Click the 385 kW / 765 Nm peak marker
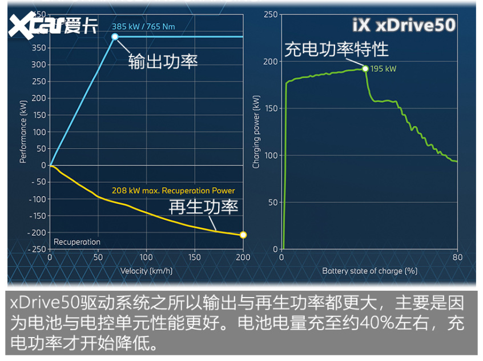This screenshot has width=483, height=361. pyautogui.click(x=115, y=37)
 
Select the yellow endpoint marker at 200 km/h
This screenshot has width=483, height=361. pyautogui.click(x=243, y=235)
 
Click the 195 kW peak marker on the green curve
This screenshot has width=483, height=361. pyautogui.click(x=365, y=69)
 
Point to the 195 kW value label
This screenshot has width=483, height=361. pyautogui.click(x=383, y=69)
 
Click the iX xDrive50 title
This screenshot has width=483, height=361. pyautogui.click(x=403, y=26)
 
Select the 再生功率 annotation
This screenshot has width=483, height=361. pyautogui.click(x=203, y=206)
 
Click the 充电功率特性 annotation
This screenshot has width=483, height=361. pyautogui.click(x=337, y=49)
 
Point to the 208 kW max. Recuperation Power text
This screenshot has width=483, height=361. pyautogui.click(x=172, y=191)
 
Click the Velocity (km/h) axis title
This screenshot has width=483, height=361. pyautogui.click(x=146, y=271)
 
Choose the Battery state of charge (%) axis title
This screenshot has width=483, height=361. pyautogui.click(x=369, y=271)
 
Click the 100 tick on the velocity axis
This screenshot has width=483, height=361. pyautogui.click(x=146, y=258)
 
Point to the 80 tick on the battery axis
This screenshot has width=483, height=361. pyautogui.click(x=457, y=258)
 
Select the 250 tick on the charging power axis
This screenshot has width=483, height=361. pyautogui.click(x=270, y=14)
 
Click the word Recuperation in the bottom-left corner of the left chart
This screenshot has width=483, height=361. pyautogui.click(x=77, y=242)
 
